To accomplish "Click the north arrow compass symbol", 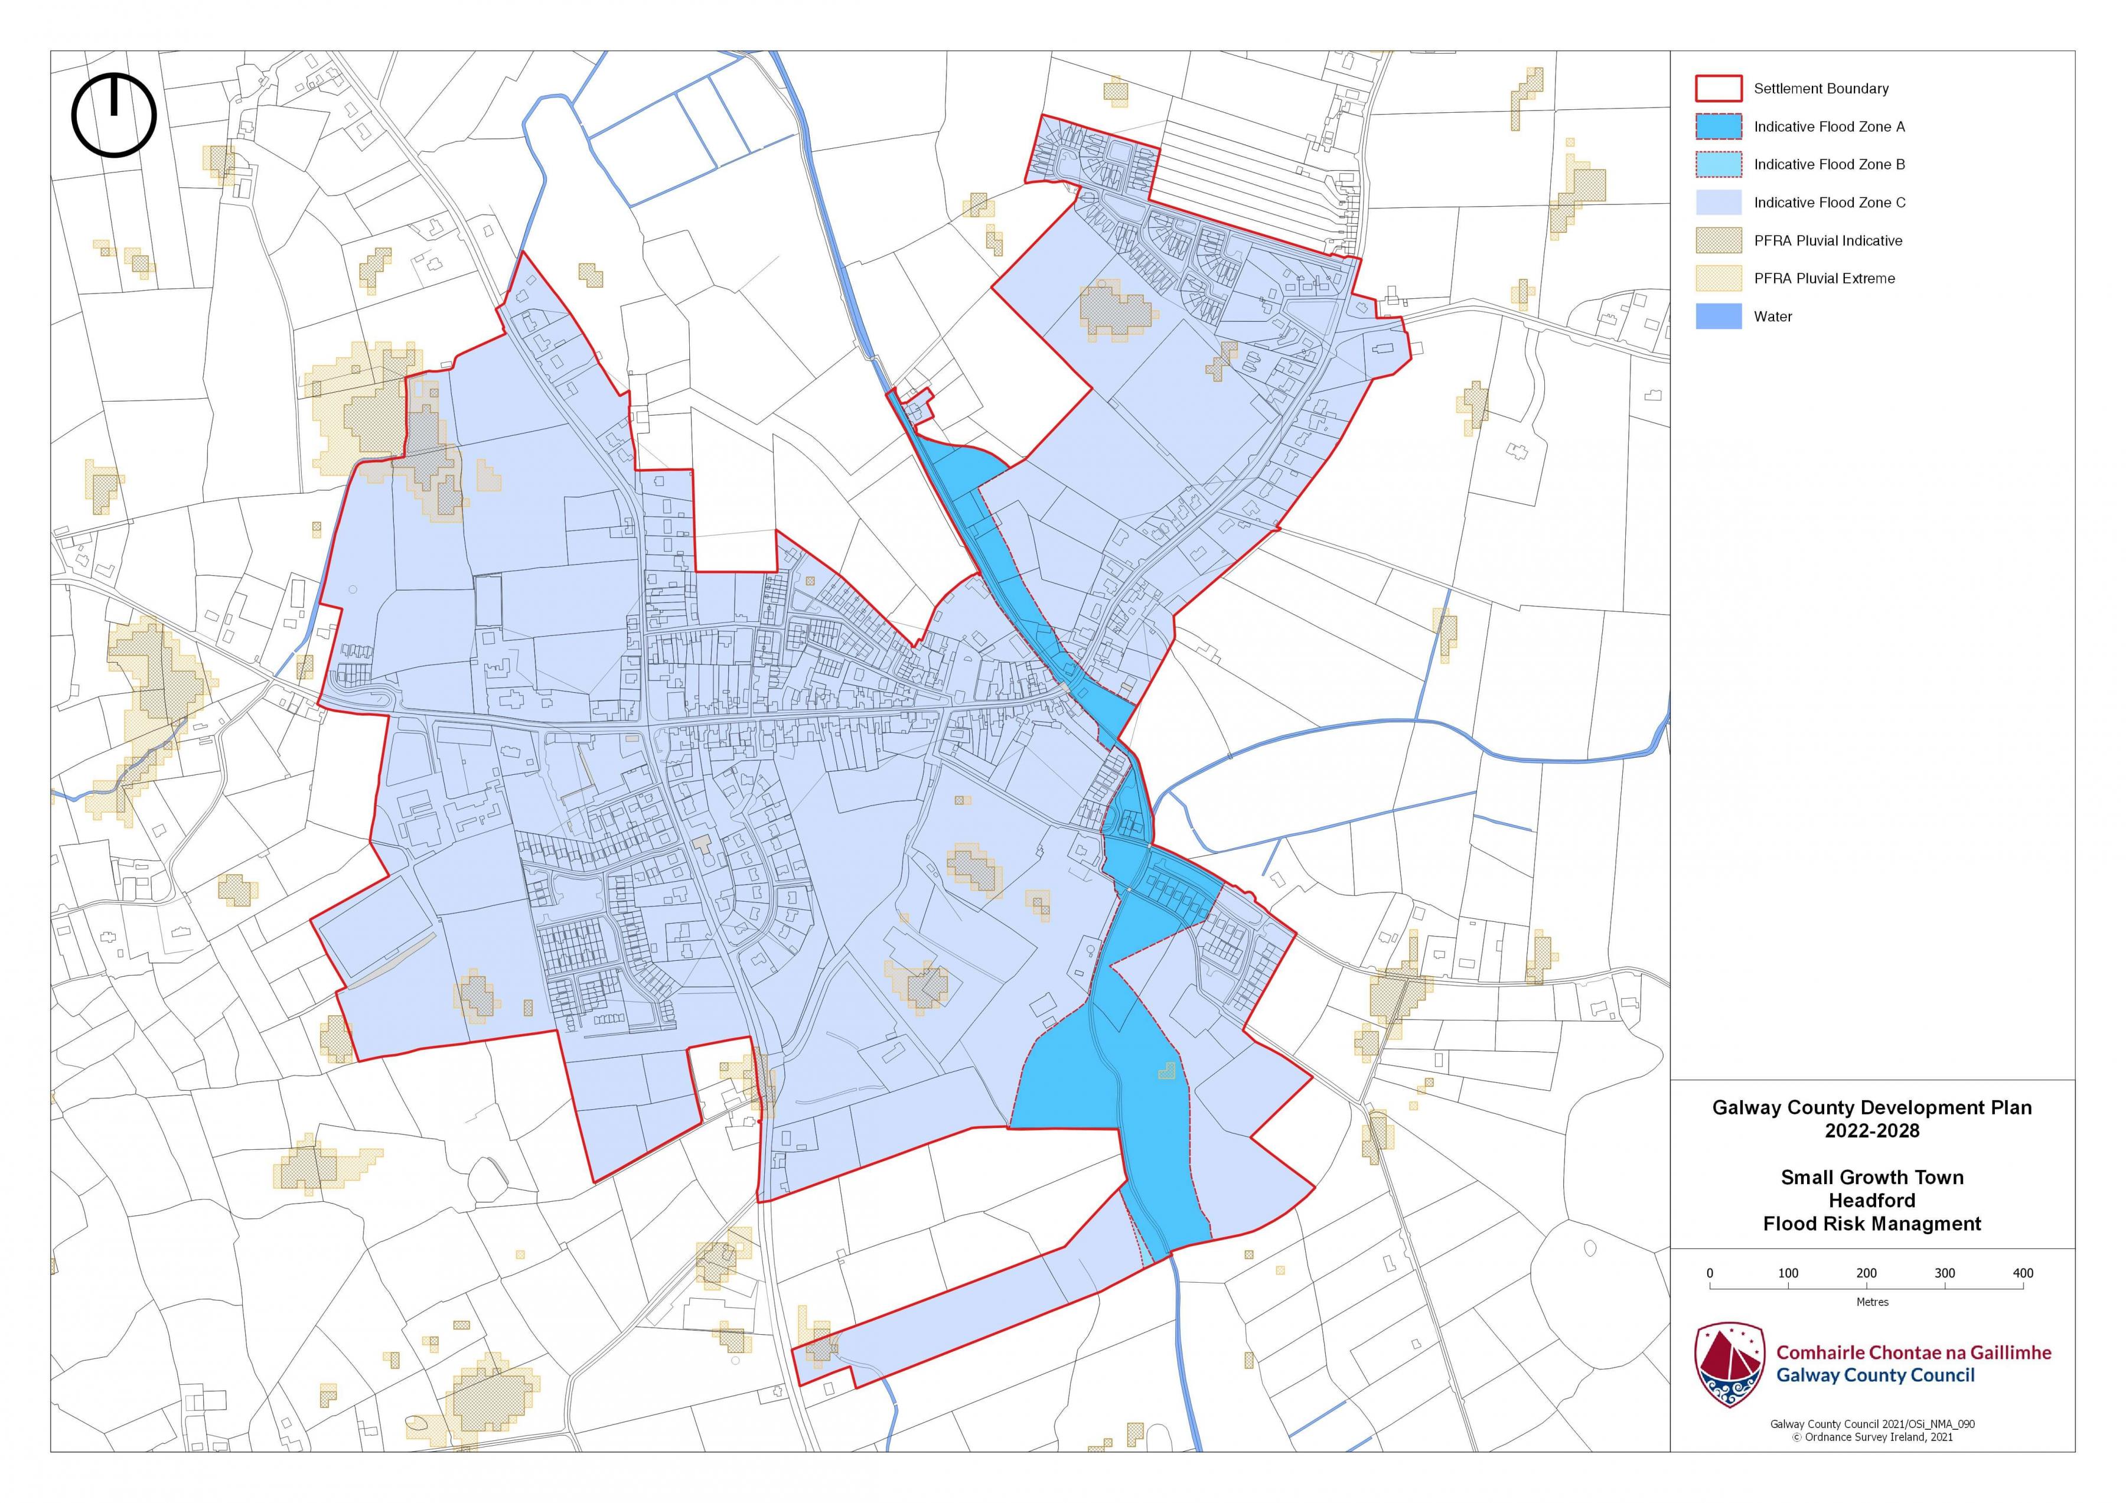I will (114, 115).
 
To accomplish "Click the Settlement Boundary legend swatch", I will (1719, 88).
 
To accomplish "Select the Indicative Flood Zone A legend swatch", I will (1719, 126).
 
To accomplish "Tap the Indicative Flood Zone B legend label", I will (1829, 165).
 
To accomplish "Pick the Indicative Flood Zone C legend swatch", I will (1719, 202).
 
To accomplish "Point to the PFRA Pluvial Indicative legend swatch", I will (1719, 240).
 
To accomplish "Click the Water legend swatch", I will (1719, 317).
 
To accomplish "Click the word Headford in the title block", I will (1871, 1200).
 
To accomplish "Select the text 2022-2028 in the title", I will (1871, 1131).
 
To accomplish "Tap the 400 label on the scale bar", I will (2023, 1273).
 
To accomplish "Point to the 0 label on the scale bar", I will (1710, 1273).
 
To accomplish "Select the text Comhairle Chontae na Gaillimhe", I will (1913, 1353).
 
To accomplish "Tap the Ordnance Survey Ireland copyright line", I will (1871, 1437).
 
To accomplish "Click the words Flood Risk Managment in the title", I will (1871, 1224).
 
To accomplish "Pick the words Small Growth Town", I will (1871, 1177).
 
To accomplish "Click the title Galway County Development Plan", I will (1871, 1107).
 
